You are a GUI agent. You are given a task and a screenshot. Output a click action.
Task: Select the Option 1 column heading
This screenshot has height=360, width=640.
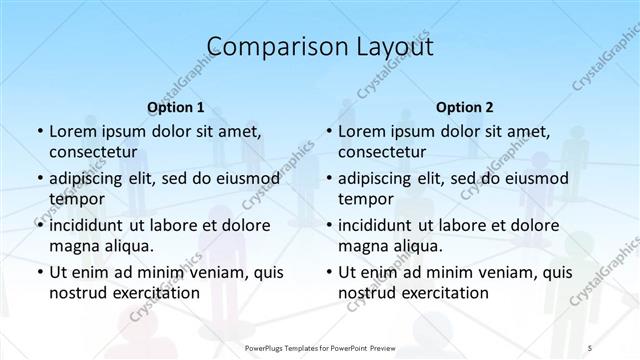click(x=176, y=107)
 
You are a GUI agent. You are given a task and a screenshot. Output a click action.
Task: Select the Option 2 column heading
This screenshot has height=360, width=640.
click(x=464, y=107)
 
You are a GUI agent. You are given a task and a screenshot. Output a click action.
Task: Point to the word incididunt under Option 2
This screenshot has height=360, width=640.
click(x=380, y=224)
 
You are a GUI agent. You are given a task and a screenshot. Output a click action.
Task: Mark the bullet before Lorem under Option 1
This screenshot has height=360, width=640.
click(x=39, y=132)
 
